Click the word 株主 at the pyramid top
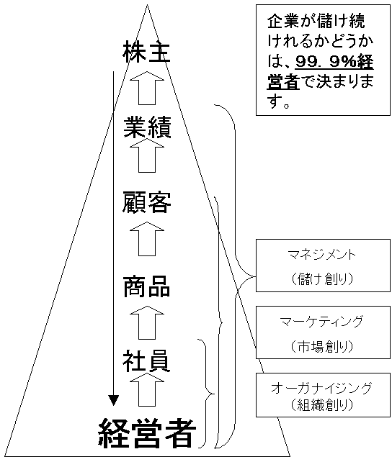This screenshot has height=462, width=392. (146, 52)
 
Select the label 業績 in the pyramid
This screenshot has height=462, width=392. (147, 127)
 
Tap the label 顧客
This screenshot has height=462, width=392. (146, 202)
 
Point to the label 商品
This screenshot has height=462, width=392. (146, 286)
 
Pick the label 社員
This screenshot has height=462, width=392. (146, 361)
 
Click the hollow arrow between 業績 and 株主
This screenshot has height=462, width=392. (147, 88)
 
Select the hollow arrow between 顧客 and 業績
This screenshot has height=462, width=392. (147, 155)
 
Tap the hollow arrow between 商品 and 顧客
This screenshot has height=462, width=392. (147, 239)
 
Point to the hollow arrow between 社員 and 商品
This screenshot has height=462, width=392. (147, 322)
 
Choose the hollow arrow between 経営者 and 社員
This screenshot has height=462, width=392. (147, 389)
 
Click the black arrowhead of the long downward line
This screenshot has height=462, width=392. (113, 400)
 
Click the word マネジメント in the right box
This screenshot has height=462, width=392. (322, 255)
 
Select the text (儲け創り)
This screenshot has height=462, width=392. (322, 278)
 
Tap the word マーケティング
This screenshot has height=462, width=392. (322, 321)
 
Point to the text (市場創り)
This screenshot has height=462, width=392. (322, 346)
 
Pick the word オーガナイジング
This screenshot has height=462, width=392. (322, 389)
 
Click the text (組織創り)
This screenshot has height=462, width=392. (322, 405)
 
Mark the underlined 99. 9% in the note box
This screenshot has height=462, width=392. (325, 62)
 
